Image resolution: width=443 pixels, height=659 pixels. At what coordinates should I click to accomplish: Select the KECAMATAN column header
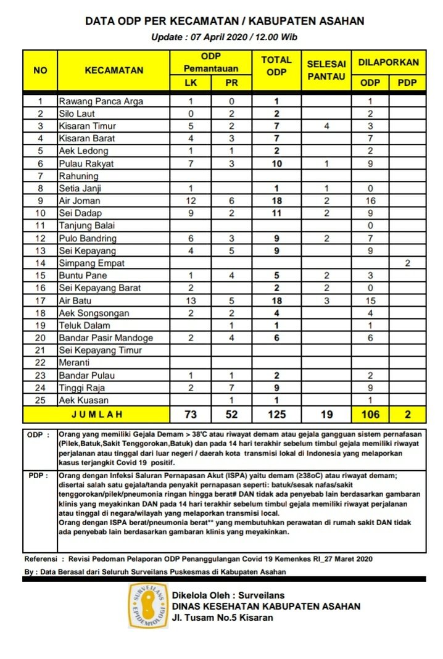[x=114, y=70]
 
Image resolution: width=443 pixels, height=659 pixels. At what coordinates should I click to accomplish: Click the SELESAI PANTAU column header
[x=326, y=70]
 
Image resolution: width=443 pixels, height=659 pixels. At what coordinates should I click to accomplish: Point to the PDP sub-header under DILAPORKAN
[x=407, y=82]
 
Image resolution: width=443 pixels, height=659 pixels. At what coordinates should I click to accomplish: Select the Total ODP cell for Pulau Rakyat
[x=277, y=164]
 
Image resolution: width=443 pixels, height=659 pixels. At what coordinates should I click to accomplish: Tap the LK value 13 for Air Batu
[x=191, y=300]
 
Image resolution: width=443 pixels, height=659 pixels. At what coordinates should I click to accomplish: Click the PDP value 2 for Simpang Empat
[x=407, y=263]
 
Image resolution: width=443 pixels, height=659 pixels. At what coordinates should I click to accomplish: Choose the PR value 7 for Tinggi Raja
[x=231, y=388]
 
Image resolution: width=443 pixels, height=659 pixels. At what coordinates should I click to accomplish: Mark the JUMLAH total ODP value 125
[x=277, y=414]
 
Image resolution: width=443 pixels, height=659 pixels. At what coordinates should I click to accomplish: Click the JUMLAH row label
[x=96, y=414]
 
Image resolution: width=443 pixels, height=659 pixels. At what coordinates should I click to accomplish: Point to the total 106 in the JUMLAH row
[x=370, y=414]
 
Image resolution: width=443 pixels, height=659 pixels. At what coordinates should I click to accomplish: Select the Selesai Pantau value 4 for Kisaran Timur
[x=326, y=126]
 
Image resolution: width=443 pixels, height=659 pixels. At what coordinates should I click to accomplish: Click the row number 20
[x=40, y=338]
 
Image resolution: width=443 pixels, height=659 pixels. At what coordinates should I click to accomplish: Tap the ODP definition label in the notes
[x=35, y=434]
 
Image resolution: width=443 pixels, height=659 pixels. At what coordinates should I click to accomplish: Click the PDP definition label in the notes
[x=35, y=476]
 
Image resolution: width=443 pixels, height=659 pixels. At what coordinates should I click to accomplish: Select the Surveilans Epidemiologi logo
[x=147, y=605]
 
